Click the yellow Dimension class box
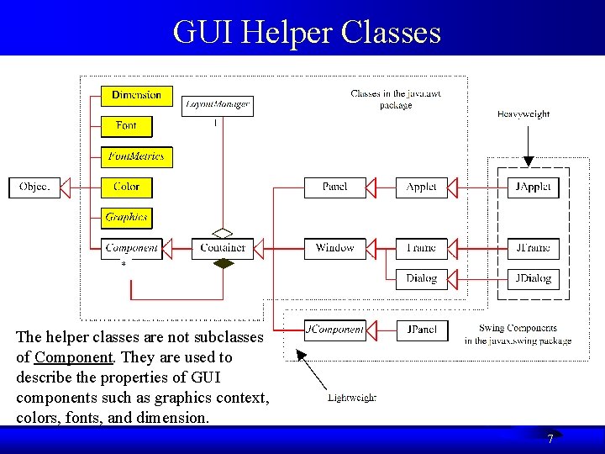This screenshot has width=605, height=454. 136,96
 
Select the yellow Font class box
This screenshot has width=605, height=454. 126,126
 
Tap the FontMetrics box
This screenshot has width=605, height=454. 136,156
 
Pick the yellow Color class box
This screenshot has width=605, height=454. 126,187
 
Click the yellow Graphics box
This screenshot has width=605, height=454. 126,217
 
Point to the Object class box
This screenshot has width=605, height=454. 34,187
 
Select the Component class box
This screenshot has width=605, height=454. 132,247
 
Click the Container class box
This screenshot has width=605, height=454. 223,247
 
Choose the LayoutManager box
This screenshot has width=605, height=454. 218,105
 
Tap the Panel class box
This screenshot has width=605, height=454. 334,187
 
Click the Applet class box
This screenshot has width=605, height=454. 421,187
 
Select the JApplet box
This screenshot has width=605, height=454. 533,187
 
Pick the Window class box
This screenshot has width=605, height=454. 334,247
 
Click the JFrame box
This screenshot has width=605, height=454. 533,247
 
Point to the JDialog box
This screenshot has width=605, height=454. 533,278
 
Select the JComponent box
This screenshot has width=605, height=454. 334,330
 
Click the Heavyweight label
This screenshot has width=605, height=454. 523,113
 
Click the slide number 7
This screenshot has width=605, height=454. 550,439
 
